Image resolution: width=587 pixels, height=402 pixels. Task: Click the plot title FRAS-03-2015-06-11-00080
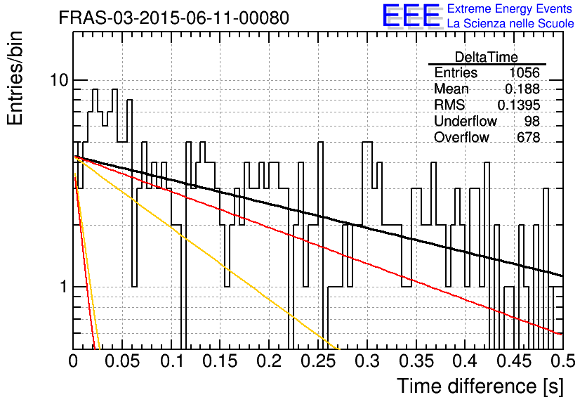tap(173, 18)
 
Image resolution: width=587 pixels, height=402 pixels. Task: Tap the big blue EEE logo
tap(411, 15)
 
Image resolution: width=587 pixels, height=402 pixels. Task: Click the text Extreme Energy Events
tap(510, 8)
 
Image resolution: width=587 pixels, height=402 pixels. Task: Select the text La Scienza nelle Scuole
tap(510, 23)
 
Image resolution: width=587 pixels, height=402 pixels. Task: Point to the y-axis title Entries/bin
tap(15, 78)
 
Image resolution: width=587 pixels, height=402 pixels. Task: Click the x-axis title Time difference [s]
tap(480, 387)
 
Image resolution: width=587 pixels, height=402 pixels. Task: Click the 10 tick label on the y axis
tap(59, 80)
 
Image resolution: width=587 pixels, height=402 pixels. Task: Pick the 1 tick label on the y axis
tap(64, 287)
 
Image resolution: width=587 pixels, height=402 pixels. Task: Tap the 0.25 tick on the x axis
tap(318, 361)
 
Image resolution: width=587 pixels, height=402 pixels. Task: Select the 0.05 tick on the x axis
tap(122, 361)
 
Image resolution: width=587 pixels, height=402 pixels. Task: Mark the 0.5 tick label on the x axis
tap(562, 361)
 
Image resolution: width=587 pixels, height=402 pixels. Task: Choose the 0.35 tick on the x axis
tap(416, 361)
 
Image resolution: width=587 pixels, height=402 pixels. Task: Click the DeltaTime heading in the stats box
tap(487, 57)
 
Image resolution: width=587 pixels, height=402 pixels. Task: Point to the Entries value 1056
tap(524, 72)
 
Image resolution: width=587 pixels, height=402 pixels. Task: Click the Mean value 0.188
tap(522, 89)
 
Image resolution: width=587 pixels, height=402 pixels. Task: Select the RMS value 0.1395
tap(518, 105)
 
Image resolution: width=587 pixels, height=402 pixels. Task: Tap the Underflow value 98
tap(532, 122)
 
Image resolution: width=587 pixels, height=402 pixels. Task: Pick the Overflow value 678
tap(528, 138)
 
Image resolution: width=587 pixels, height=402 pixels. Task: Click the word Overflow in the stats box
tap(461, 138)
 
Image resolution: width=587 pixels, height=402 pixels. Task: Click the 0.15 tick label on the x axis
tap(220, 361)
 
